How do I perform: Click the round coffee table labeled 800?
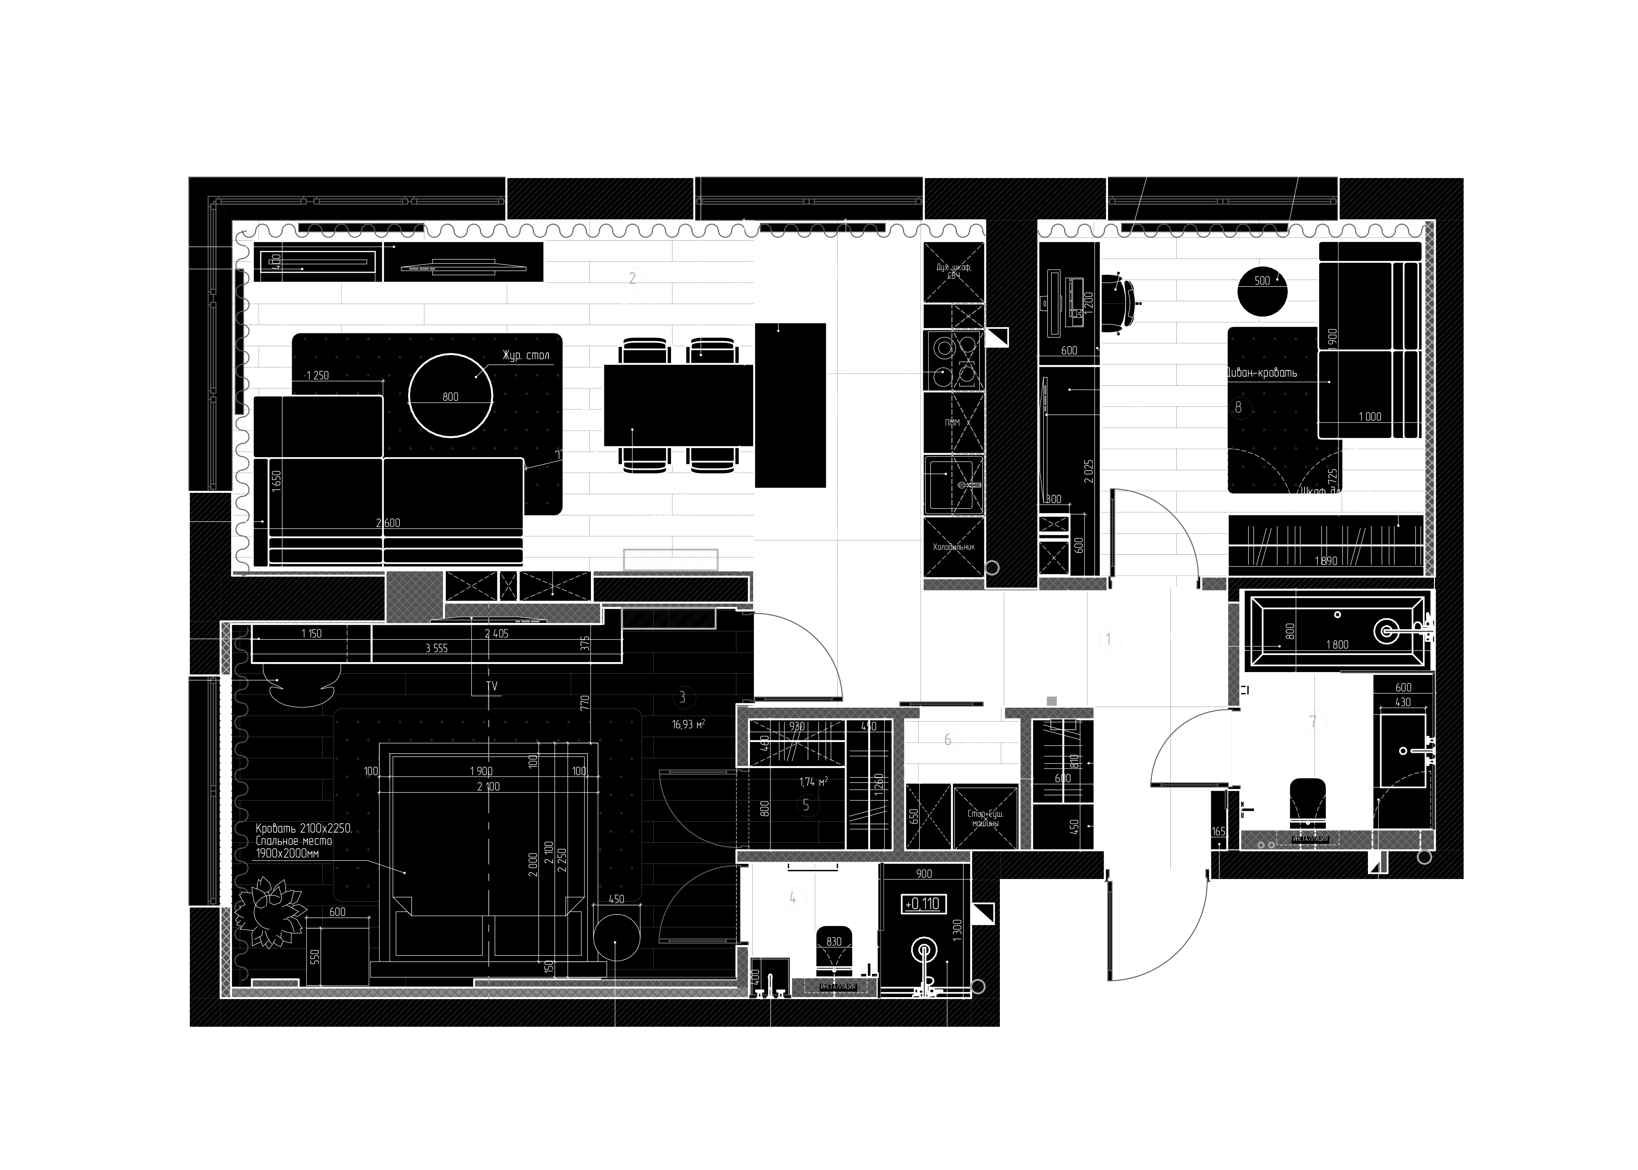pyautogui.click(x=451, y=396)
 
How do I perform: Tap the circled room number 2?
pyautogui.click(x=633, y=279)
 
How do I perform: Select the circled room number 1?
pyautogui.click(x=1109, y=639)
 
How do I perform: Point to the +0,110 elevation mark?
pyautogui.click(x=923, y=904)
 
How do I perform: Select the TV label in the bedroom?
pyautogui.click(x=492, y=687)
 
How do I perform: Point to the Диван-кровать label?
pyautogui.click(x=1262, y=372)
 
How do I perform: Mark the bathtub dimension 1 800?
pyautogui.click(x=1337, y=645)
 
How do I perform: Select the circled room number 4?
pyautogui.click(x=793, y=898)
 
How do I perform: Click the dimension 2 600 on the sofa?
pyautogui.click(x=388, y=523)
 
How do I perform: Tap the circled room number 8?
pyautogui.click(x=1239, y=407)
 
